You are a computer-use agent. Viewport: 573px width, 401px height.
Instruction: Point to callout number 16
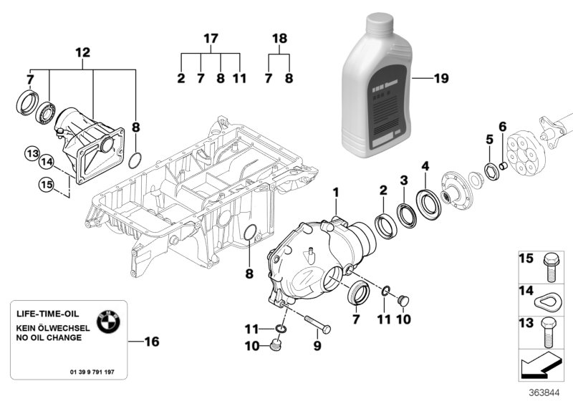point(150,342)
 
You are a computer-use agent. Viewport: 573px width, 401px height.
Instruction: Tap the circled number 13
point(32,153)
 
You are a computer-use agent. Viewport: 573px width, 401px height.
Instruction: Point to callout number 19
point(440,79)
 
